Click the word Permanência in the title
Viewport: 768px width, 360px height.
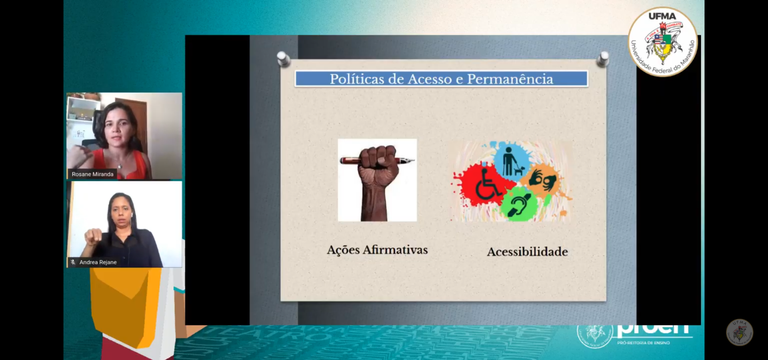point(511,79)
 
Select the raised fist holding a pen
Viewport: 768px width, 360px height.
point(378,181)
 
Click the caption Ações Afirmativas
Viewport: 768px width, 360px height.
point(377,249)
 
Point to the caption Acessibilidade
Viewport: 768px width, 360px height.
point(527,251)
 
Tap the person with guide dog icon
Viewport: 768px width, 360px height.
point(511,160)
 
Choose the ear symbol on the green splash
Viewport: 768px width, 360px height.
point(518,204)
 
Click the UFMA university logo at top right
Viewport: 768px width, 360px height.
point(663,41)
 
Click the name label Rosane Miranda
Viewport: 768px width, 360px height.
point(93,174)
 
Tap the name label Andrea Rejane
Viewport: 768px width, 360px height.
point(97,262)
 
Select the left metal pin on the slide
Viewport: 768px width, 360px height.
point(284,59)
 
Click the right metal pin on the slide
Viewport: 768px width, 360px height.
point(602,59)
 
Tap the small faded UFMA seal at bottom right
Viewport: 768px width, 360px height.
point(739,332)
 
